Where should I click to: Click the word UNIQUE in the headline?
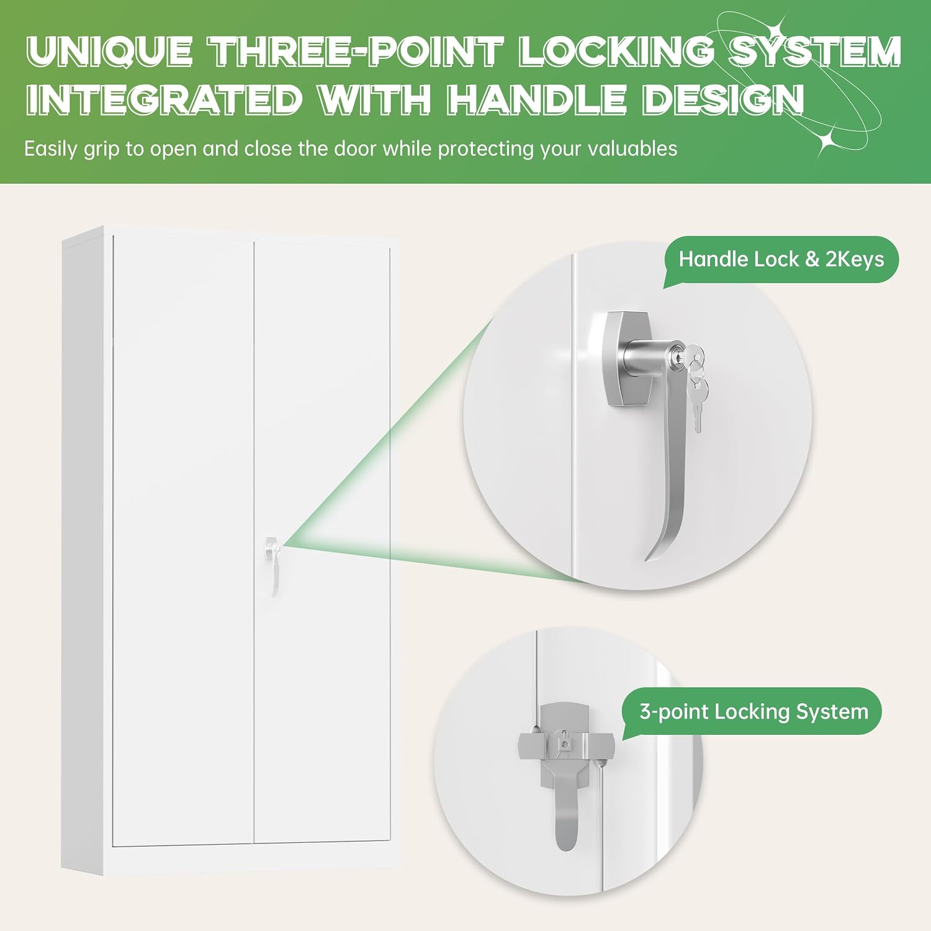110,51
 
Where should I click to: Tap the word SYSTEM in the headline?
815,51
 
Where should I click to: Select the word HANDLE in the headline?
537,99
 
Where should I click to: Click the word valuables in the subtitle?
632,149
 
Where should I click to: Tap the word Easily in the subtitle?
51,150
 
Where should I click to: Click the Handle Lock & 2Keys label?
781,259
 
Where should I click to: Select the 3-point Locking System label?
753,711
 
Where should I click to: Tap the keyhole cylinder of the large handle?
652,359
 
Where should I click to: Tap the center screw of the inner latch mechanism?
565,742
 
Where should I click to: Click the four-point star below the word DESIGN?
829,141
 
